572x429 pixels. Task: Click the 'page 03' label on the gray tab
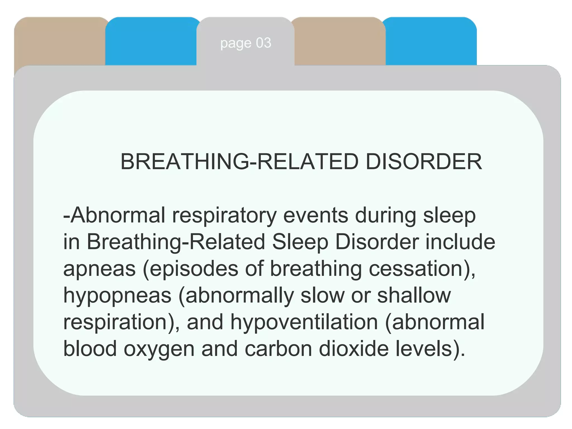coord(246,43)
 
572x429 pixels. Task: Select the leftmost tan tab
coord(59,42)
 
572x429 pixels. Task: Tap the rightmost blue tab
coord(431,42)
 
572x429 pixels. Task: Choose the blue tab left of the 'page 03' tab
coord(151,42)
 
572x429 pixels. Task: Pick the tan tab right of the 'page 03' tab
coord(340,42)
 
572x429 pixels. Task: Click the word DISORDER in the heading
coord(424,162)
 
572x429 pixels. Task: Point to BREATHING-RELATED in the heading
coord(239,162)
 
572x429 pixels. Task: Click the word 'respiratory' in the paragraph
coord(224,216)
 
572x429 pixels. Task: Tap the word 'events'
coord(316,216)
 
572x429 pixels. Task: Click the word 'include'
coord(460,242)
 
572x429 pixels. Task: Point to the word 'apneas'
coord(99,269)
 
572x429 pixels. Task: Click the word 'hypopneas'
coord(117,295)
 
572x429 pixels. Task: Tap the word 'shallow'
coord(414,295)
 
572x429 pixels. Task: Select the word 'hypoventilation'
coord(304,322)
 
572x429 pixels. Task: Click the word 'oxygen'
coord(159,349)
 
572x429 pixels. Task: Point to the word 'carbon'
coord(278,349)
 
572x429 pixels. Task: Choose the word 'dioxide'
coord(354,349)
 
